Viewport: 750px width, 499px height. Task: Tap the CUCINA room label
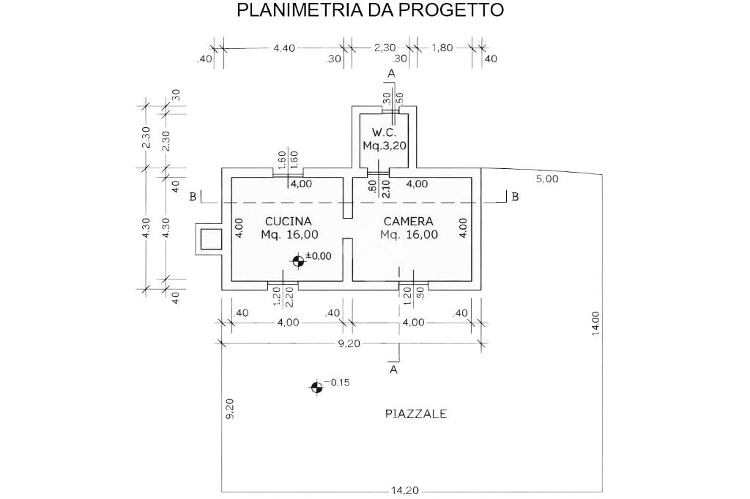click(x=288, y=221)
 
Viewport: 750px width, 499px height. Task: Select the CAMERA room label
click(x=409, y=221)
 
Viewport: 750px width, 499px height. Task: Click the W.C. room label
click(x=384, y=132)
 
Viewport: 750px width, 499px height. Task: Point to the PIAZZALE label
click(x=416, y=413)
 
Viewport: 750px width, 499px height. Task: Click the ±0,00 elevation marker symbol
click(x=298, y=260)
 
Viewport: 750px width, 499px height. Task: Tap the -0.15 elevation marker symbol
click(x=316, y=387)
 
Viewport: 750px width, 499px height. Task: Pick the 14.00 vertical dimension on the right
click(x=595, y=323)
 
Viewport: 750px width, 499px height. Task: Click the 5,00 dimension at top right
click(x=547, y=179)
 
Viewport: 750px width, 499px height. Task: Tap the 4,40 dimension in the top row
click(x=283, y=48)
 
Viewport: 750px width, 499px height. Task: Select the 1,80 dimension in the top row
click(x=442, y=48)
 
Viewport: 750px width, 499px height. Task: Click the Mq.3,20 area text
click(x=385, y=146)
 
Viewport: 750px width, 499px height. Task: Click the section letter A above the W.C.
click(x=391, y=74)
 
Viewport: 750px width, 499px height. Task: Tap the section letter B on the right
click(x=515, y=197)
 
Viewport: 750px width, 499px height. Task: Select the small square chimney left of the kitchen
click(x=210, y=239)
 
